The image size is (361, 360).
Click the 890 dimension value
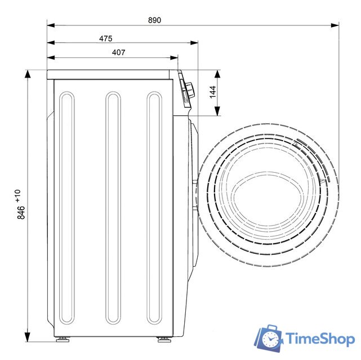(154, 20)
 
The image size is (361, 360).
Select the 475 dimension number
(106, 38)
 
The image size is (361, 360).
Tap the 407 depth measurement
(119, 52)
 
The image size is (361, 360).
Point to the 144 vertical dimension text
(213, 92)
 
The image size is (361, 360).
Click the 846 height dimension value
(21, 213)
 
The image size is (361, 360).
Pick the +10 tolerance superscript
(17, 196)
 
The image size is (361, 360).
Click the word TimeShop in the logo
(320, 339)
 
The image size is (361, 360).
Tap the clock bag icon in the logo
(269, 338)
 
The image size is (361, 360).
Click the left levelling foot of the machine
(63, 340)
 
